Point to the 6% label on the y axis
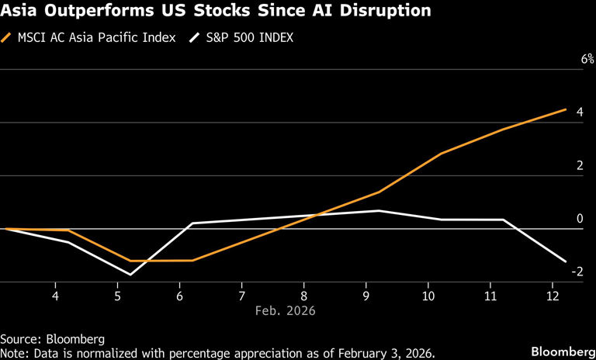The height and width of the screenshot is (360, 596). (x=575, y=59)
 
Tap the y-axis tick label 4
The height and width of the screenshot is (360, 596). (x=578, y=112)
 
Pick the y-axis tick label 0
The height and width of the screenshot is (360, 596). (x=579, y=218)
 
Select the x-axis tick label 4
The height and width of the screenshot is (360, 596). (x=55, y=296)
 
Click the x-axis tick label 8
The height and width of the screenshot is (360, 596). (x=304, y=296)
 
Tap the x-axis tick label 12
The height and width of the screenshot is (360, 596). (x=553, y=296)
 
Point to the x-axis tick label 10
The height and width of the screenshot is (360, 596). (x=428, y=296)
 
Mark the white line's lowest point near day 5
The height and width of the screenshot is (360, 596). (x=130, y=275)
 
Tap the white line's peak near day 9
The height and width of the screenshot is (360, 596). (x=379, y=211)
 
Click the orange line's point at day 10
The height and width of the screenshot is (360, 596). (x=441, y=154)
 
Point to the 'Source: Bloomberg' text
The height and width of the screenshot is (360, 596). (x=52, y=339)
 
